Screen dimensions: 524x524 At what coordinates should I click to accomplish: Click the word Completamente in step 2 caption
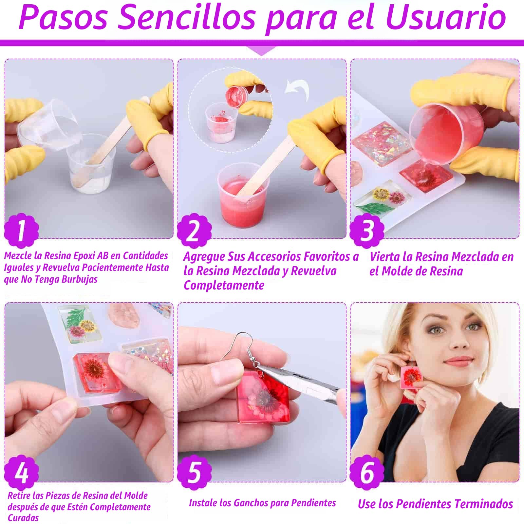click(224, 285)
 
